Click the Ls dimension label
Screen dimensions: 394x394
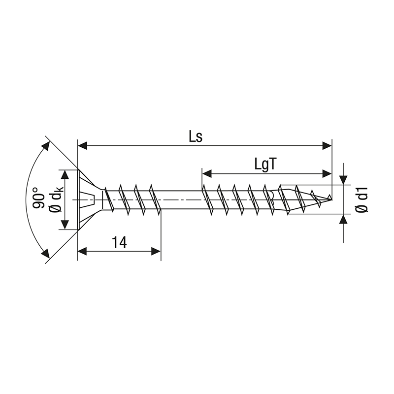coord(196,136)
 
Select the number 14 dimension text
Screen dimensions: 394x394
coord(119,242)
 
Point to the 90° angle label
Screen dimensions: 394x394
coord(39,198)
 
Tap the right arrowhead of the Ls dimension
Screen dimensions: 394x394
coord(327,145)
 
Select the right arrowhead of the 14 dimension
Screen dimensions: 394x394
coord(156,251)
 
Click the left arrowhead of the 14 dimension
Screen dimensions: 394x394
coord(82,251)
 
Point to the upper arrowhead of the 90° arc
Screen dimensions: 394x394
coord(47,145)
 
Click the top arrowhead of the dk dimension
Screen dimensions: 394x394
coord(64,173)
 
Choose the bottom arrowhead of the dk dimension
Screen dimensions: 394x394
coord(64,226)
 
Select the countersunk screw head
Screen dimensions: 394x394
coord(89,199)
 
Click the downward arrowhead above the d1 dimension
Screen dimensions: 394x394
coord(343,180)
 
